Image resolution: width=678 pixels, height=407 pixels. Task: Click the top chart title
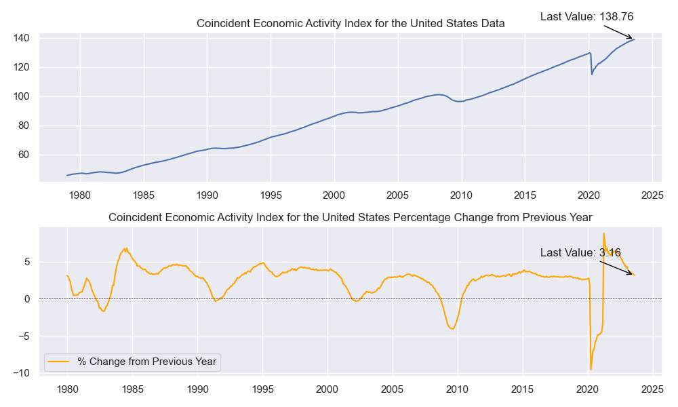pyautogui.click(x=351, y=23)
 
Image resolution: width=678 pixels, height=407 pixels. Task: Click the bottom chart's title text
pyautogui.click(x=351, y=218)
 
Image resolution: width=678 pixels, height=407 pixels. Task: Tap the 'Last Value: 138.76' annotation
pyautogui.click(x=586, y=17)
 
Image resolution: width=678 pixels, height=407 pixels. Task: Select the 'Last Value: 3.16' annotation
pyautogui.click(x=580, y=252)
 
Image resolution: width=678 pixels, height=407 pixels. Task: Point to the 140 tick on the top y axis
pyautogui.click(x=22, y=38)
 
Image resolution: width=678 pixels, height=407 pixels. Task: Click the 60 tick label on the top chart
pyautogui.click(x=24, y=155)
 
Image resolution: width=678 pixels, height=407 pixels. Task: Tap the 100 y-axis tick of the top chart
pyautogui.click(x=22, y=96)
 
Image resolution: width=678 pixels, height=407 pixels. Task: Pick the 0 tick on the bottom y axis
pyautogui.click(x=28, y=299)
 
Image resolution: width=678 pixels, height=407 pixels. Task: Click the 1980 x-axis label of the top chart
pyautogui.click(x=80, y=196)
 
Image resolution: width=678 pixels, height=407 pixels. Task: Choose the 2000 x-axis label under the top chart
pyautogui.click(x=334, y=196)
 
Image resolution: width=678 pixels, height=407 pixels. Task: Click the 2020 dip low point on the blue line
pyautogui.click(x=592, y=74)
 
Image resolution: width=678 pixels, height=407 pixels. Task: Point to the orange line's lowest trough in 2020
pyautogui.click(x=591, y=369)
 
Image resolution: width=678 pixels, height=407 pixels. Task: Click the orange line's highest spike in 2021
pyautogui.click(x=603, y=234)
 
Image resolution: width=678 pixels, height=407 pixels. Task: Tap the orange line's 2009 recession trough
pyautogui.click(x=452, y=329)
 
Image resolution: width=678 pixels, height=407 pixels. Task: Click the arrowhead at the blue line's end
pyautogui.click(x=631, y=39)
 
